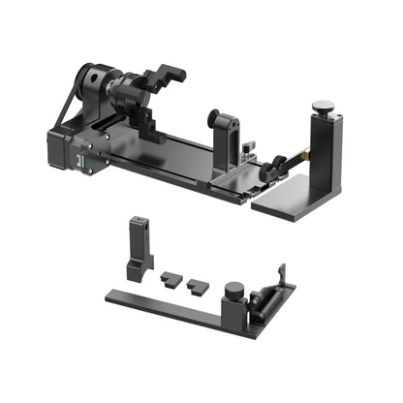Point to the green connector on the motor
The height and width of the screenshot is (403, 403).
pos(84,160)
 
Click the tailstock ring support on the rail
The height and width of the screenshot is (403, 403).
pos(222,132)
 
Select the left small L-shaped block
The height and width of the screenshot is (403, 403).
pos(170,278)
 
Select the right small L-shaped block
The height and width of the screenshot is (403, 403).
pos(198,286)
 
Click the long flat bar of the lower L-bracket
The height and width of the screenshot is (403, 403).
pos(165,307)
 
